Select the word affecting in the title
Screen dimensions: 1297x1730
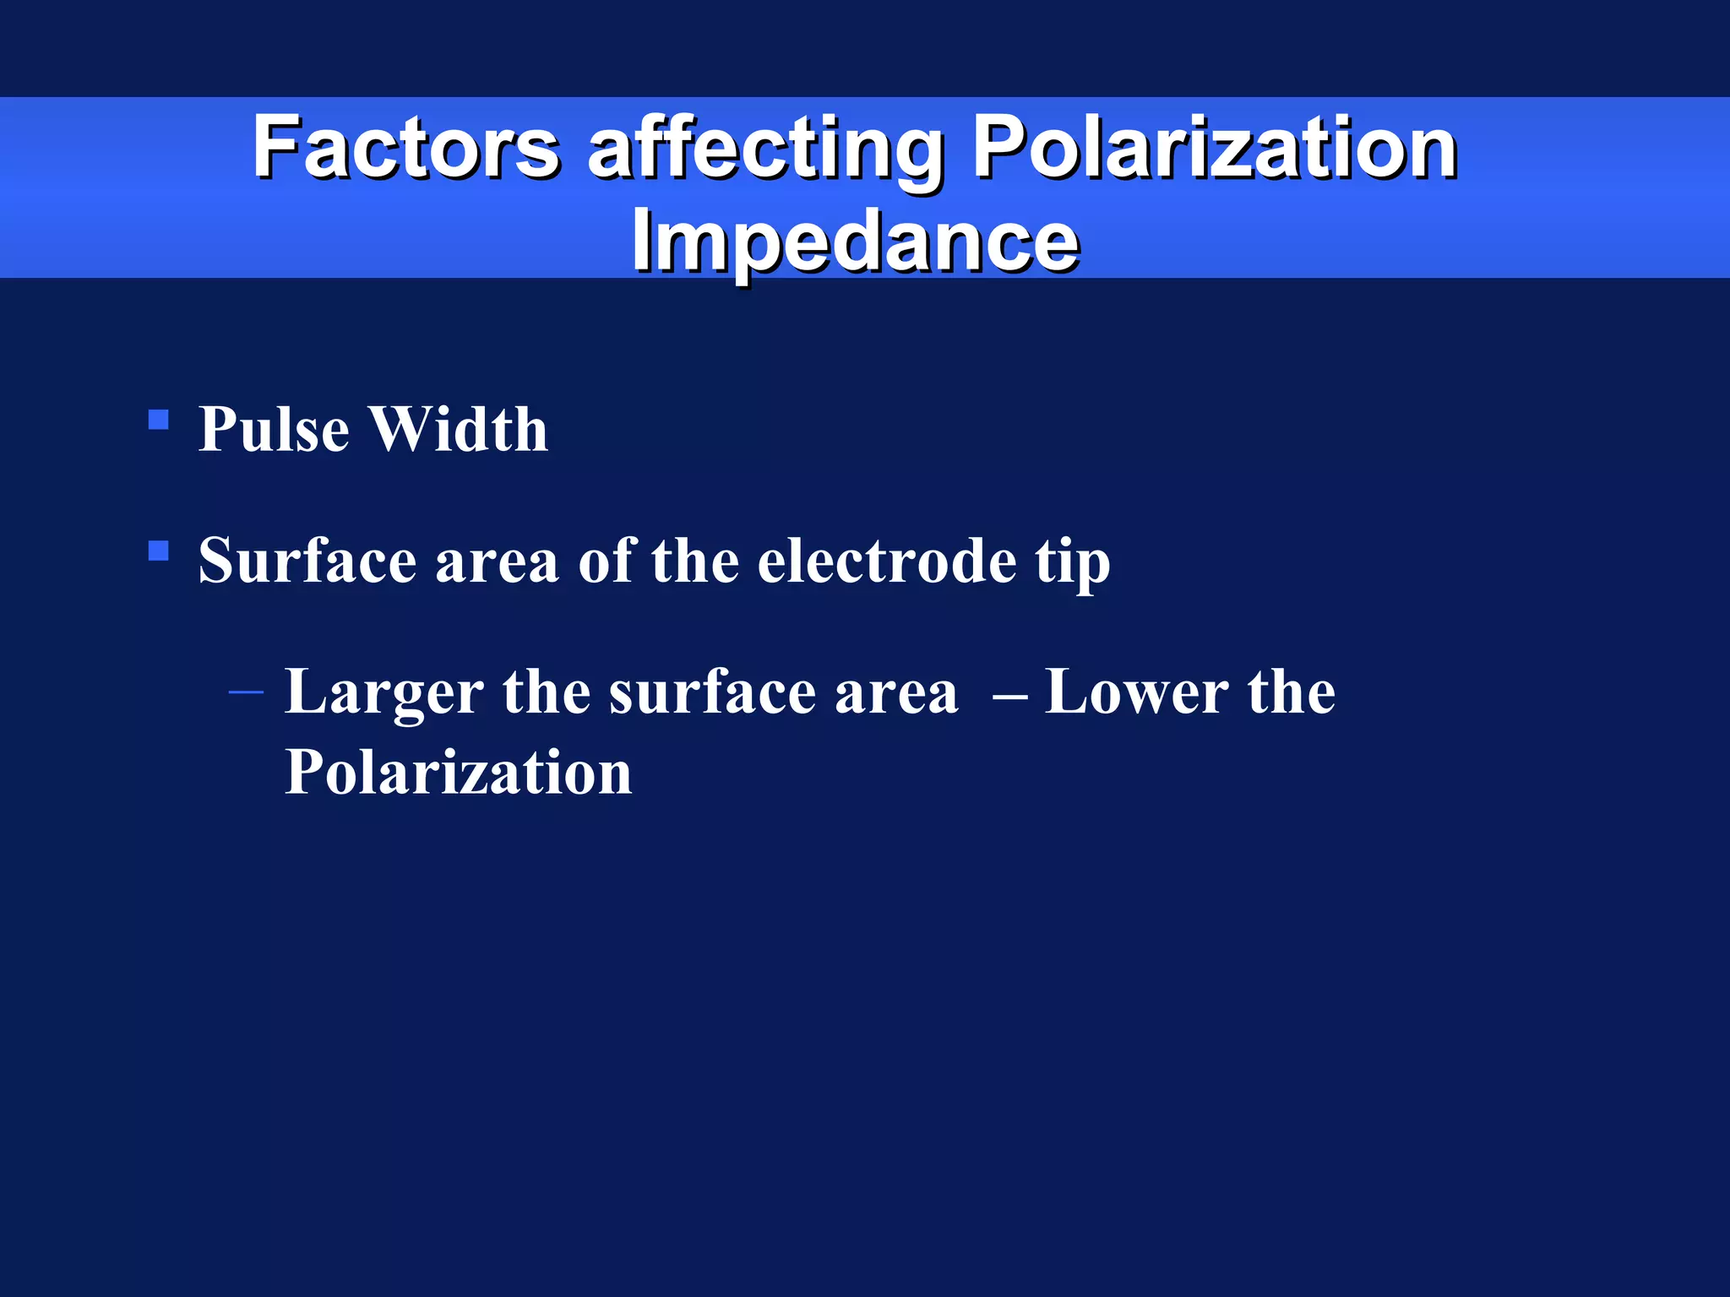pyautogui.click(x=764, y=150)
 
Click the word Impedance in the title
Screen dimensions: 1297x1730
pyautogui.click(x=855, y=240)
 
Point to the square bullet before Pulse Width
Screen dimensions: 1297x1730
pyautogui.click(x=158, y=420)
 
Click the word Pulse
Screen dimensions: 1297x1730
pyautogui.click(x=274, y=429)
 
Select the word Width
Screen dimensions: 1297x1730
pyautogui.click(x=460, y=429)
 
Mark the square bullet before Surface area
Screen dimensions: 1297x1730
pyautogui.click(x=158, y=551)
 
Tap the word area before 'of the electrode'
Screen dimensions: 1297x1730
pyautogui.click(x=497, y=562)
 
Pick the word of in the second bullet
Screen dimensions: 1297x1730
pyautogui.click(x=606, y=561)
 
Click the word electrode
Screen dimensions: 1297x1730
pyautogui.click(x=887, y=561)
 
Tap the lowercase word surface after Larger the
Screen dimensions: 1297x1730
pyautogui.click(x=712, y=692)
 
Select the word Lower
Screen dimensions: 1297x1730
pyautogui.click(x=1137, y=692)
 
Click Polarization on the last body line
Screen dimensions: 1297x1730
pyautogui.click(x=459, y=772)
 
